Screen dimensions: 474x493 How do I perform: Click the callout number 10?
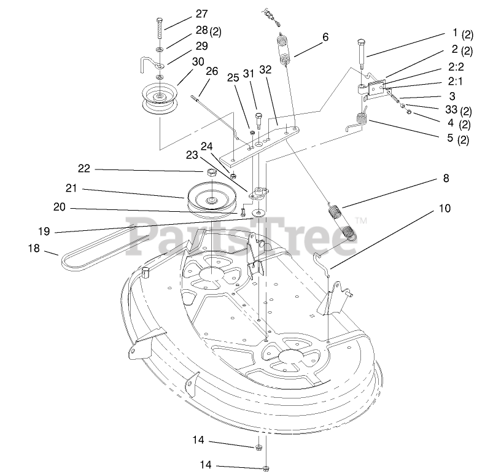click(444, 209)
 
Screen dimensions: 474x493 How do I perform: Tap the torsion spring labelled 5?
click(361, 122)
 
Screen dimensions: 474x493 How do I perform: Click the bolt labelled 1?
click(361, 53)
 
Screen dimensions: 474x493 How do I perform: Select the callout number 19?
click(44, 232)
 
